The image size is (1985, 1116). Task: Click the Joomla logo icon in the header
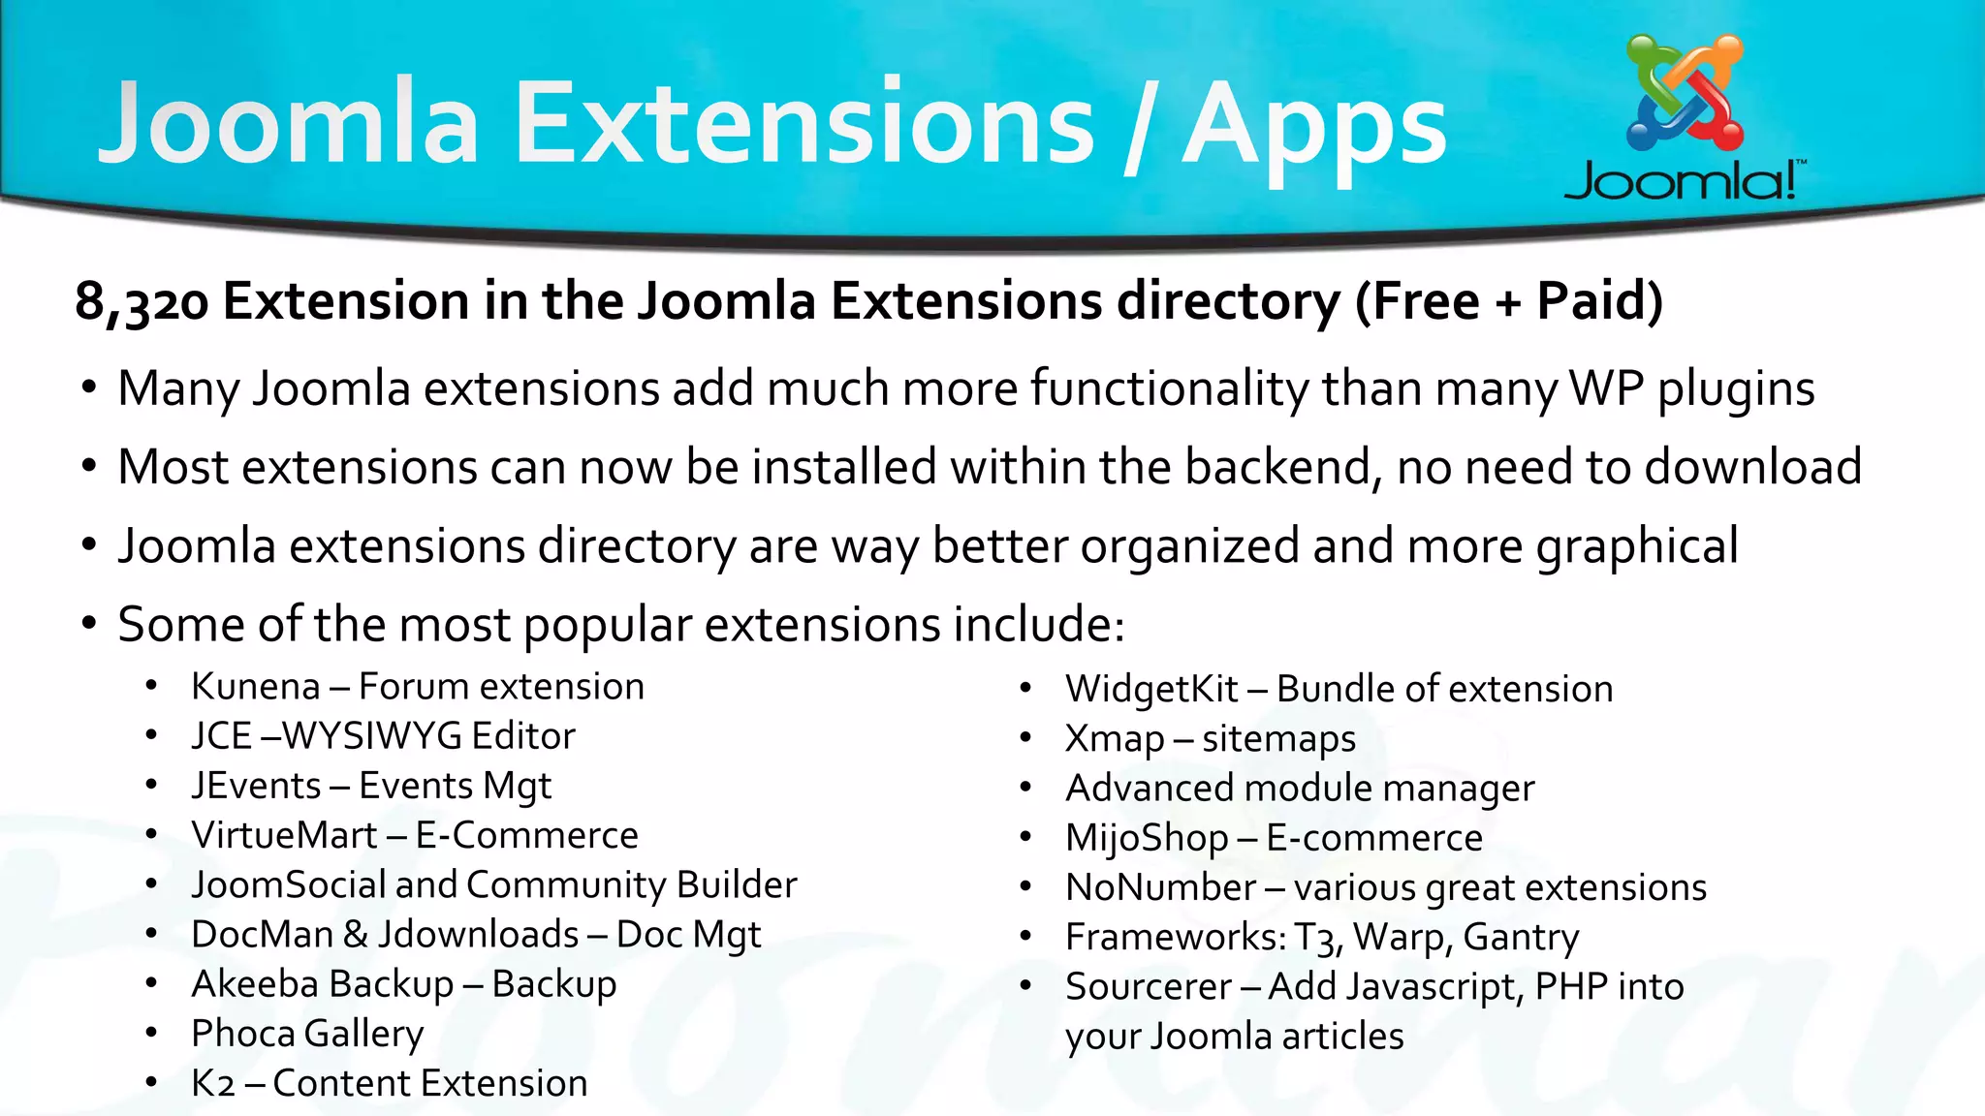pos(1685,93)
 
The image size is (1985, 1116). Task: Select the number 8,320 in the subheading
pos(142,301)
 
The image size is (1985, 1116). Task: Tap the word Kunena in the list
pos(255,687)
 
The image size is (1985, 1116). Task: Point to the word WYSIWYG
pos(372,736)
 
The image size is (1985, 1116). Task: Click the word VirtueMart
pos(284,835)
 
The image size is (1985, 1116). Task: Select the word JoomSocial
pos(288,884)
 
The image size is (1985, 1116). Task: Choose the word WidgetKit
pos(1151,690)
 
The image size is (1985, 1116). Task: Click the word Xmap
pos(1115,739)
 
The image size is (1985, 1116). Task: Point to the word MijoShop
pos(1147,838)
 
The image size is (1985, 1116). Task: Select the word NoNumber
pos(1160,887)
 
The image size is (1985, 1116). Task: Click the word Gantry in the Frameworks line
pos(1521,938)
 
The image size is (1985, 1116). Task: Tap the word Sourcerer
pos(1149,987)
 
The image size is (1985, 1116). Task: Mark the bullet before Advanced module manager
pos(1025,788)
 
